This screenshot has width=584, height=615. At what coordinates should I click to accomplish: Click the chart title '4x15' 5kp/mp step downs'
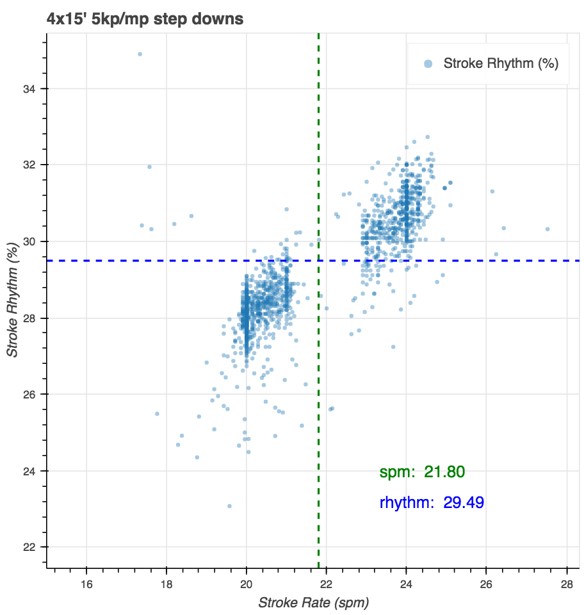point(145,19)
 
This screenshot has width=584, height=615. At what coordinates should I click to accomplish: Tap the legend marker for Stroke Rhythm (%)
point(428,63)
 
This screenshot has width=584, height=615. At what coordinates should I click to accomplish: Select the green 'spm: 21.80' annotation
point(422,473)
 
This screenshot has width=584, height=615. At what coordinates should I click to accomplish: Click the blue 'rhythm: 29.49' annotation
point(432,503)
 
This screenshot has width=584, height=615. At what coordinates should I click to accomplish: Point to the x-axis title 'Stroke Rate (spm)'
point(314,603)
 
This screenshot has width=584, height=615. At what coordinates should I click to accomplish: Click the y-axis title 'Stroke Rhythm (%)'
point(12,299)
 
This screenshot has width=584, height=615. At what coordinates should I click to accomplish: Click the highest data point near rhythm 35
point(140,54)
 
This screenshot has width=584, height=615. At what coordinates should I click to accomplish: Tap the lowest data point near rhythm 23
point(229,506)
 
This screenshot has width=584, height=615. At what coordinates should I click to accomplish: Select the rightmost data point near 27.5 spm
point(547,229)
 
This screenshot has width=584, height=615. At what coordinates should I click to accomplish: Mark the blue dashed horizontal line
point(160,261)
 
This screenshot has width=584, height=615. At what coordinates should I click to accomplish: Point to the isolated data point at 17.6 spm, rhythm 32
point(149,167)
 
